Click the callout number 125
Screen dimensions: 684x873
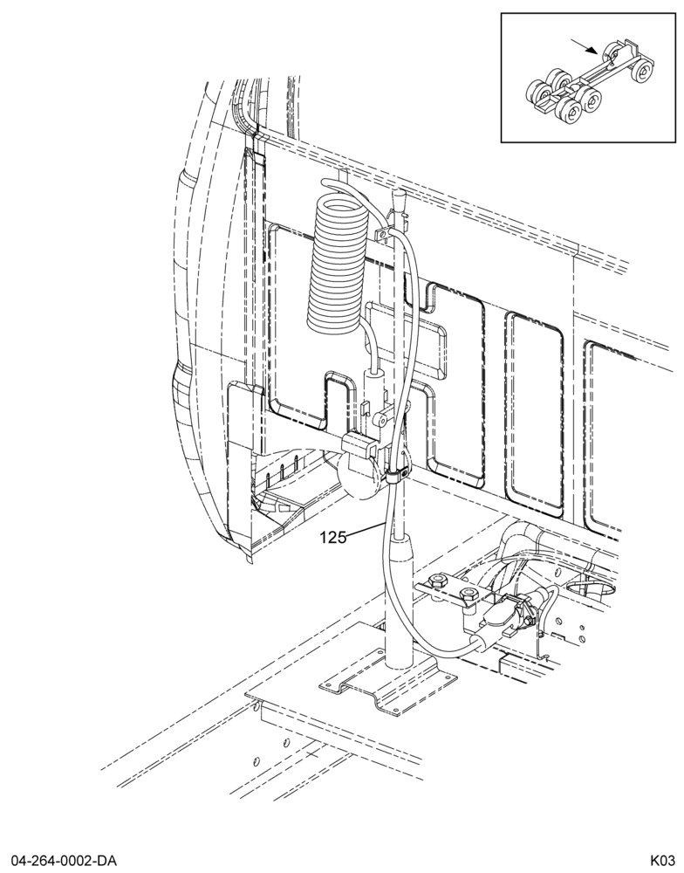(x=332, y=537)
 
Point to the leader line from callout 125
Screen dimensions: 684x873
(x=364, y=530)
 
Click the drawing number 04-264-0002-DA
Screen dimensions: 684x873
(x=61, y=861)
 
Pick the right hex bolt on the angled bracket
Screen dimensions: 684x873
(x=469, y=595)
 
